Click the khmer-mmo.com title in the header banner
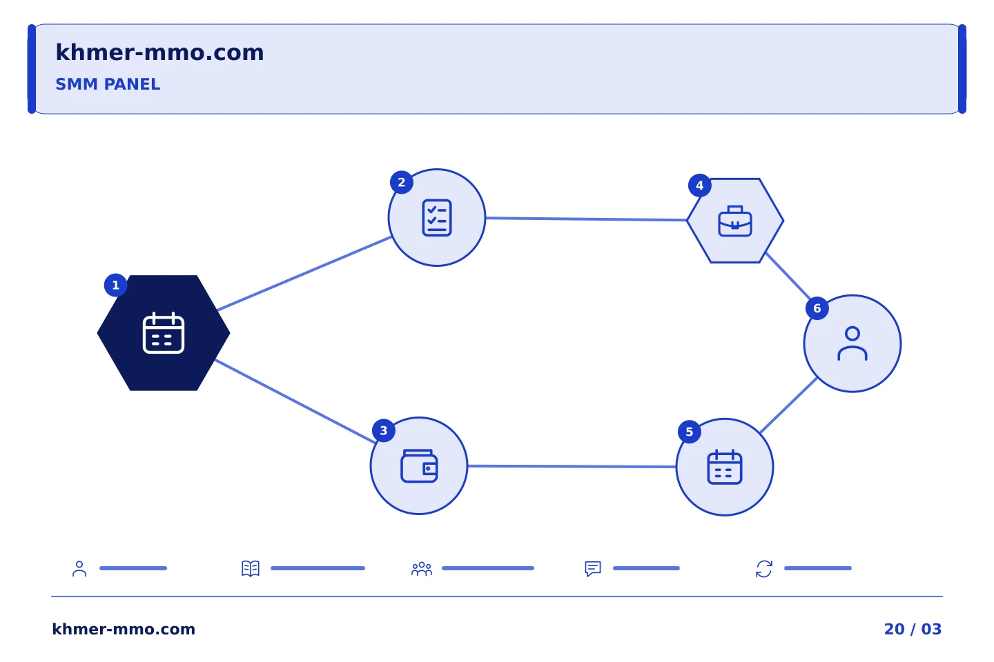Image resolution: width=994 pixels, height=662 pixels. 159,52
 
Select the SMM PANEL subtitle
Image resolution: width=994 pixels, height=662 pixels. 108,84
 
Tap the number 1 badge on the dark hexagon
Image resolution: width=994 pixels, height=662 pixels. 116,285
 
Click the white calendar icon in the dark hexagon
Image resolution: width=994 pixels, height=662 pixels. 164,333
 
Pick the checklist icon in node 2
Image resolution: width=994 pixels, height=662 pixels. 437,218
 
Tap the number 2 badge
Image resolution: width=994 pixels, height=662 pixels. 402,182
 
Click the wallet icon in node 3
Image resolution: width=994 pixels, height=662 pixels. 420,466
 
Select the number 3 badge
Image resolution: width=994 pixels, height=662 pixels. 384,430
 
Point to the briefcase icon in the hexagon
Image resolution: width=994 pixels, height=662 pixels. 735,221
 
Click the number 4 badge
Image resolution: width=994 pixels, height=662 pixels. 700,185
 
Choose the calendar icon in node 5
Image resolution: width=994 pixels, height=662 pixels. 725,467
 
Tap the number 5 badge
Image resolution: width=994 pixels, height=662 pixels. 690,432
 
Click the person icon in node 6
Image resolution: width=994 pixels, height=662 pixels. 852,343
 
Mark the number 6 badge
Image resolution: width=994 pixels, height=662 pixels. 817,308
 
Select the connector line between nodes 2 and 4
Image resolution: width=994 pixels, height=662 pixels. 586,219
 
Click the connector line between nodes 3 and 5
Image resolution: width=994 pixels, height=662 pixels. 572,466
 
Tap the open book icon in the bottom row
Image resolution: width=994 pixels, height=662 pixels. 251,568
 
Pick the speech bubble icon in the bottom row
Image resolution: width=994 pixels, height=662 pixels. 593,568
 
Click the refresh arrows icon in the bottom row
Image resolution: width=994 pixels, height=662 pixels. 764,569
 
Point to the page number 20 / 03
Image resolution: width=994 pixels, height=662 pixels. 913,629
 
